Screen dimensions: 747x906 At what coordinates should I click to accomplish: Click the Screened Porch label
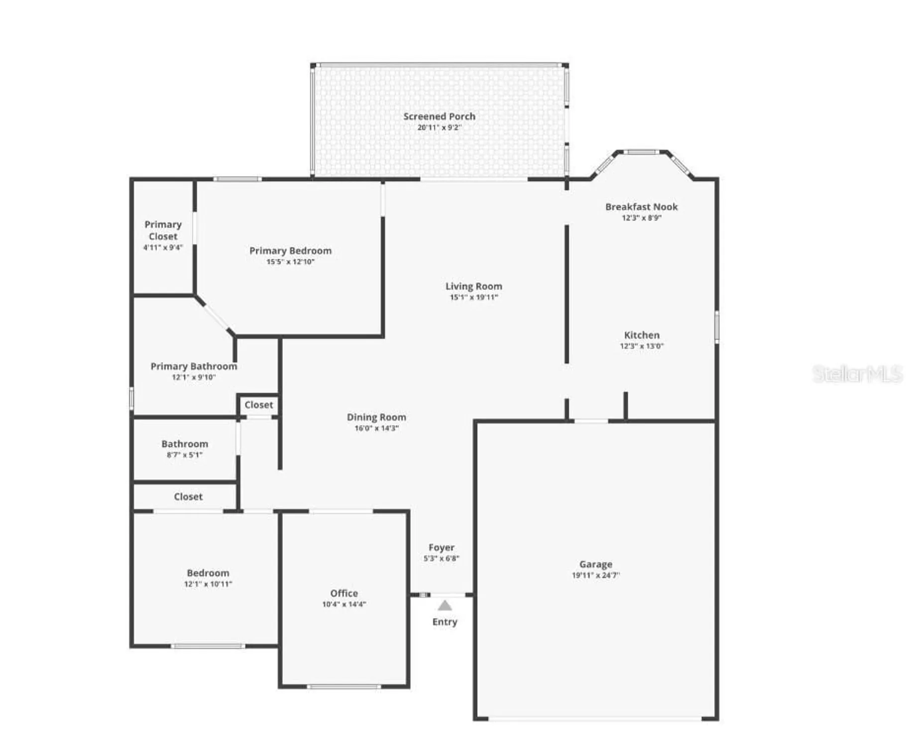439,116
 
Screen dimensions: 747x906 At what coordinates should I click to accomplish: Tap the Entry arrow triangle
445,606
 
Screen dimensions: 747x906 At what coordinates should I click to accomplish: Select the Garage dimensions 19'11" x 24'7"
595,575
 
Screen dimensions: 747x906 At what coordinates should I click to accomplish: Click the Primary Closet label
163,230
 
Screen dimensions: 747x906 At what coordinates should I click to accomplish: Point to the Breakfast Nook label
641,207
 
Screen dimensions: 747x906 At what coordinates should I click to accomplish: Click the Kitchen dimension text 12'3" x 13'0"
641,346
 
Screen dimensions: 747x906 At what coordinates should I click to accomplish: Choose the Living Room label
473,286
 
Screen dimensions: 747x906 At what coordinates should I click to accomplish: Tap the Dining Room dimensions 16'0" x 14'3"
376,428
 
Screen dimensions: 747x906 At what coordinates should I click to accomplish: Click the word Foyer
441,547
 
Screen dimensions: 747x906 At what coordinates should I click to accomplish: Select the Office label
344,593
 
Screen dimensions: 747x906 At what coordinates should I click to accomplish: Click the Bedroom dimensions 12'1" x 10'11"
208,584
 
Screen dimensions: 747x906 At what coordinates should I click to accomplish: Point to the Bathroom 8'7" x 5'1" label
185,444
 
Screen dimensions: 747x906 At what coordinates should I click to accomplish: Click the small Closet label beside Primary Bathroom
258,405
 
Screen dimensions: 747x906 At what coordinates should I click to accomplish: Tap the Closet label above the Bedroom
188,497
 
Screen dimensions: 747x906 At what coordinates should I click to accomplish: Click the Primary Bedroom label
290,250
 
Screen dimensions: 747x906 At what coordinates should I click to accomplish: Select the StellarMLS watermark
857,373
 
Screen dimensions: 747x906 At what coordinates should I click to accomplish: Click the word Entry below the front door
445,622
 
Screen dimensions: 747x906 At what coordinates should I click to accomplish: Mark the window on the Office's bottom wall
343,687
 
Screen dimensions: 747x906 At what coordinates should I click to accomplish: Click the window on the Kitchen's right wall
717,327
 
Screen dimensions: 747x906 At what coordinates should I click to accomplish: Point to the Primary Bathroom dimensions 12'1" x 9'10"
194,377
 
